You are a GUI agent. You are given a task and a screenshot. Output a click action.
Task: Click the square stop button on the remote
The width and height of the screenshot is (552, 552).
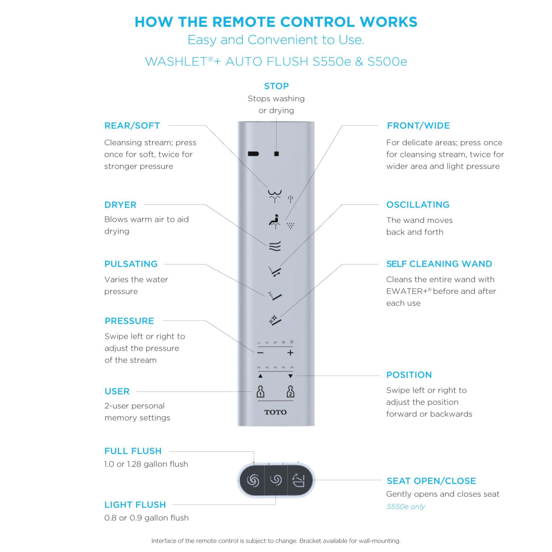pyautogui.click(x=276, y=154)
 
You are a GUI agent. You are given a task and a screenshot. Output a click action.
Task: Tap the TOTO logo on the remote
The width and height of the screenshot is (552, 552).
pyautogui.click(x=276, y=412)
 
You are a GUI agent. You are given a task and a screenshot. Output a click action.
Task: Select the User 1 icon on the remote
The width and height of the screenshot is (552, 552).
pyautogui.click(x=260, y=391)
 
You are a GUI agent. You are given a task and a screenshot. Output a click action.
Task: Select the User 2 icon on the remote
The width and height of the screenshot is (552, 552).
pyautogui.click(x=290, y=391)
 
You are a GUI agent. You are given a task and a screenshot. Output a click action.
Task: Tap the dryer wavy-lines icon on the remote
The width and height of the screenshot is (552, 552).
pyautogui.click(x=275, y=246)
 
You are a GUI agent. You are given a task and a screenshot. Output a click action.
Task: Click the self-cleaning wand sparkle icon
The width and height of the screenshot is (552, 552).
pyautogui.click(x=275, y=320)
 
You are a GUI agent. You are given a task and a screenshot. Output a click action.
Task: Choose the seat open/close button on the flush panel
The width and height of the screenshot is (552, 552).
pyautogui.click(x=299, y=481)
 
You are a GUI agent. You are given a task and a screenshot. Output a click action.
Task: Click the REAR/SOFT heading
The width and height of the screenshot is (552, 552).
pyautogui.click(x=132, y=126)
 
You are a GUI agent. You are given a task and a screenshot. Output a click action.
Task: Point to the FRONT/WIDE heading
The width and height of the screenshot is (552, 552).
pyautogui.click(x=418, y=126)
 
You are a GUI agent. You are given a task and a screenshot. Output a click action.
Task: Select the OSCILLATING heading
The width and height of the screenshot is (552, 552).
pyautogui.click(x=418, y=205)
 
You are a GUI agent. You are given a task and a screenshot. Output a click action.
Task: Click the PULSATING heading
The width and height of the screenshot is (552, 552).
pyautogui.click(x=131, y=264)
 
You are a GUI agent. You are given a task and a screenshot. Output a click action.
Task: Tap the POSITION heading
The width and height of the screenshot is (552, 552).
pyautogui.click(x=409, y=375)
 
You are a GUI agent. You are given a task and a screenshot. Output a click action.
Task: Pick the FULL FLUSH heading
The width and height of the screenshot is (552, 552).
pyautogui.click(x=133, y=451)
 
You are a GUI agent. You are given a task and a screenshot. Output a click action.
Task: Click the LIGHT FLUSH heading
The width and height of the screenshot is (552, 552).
pyautogui.click(x=135, y=505)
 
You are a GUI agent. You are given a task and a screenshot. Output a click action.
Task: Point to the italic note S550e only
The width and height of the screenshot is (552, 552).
pyautogui.click(x=406, y=506)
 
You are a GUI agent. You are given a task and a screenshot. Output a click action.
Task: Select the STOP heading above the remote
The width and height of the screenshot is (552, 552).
pyautogui.click(x=276, y=86)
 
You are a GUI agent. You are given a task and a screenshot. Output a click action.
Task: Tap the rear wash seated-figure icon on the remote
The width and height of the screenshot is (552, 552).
pyautogui.click(x=275, y=221)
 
